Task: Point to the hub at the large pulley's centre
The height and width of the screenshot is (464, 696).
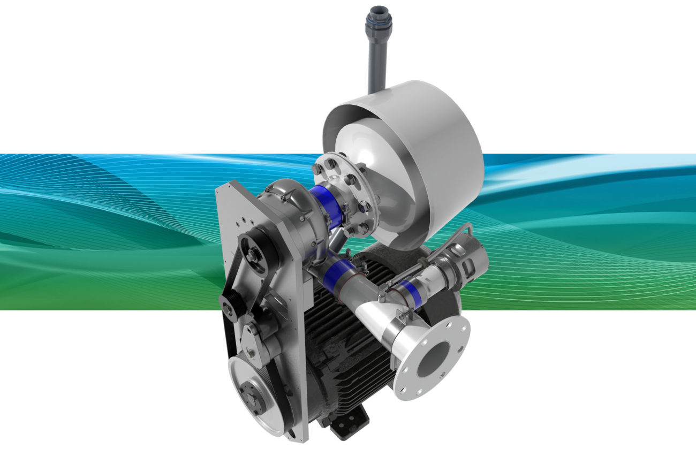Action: (x=251, y=397)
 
